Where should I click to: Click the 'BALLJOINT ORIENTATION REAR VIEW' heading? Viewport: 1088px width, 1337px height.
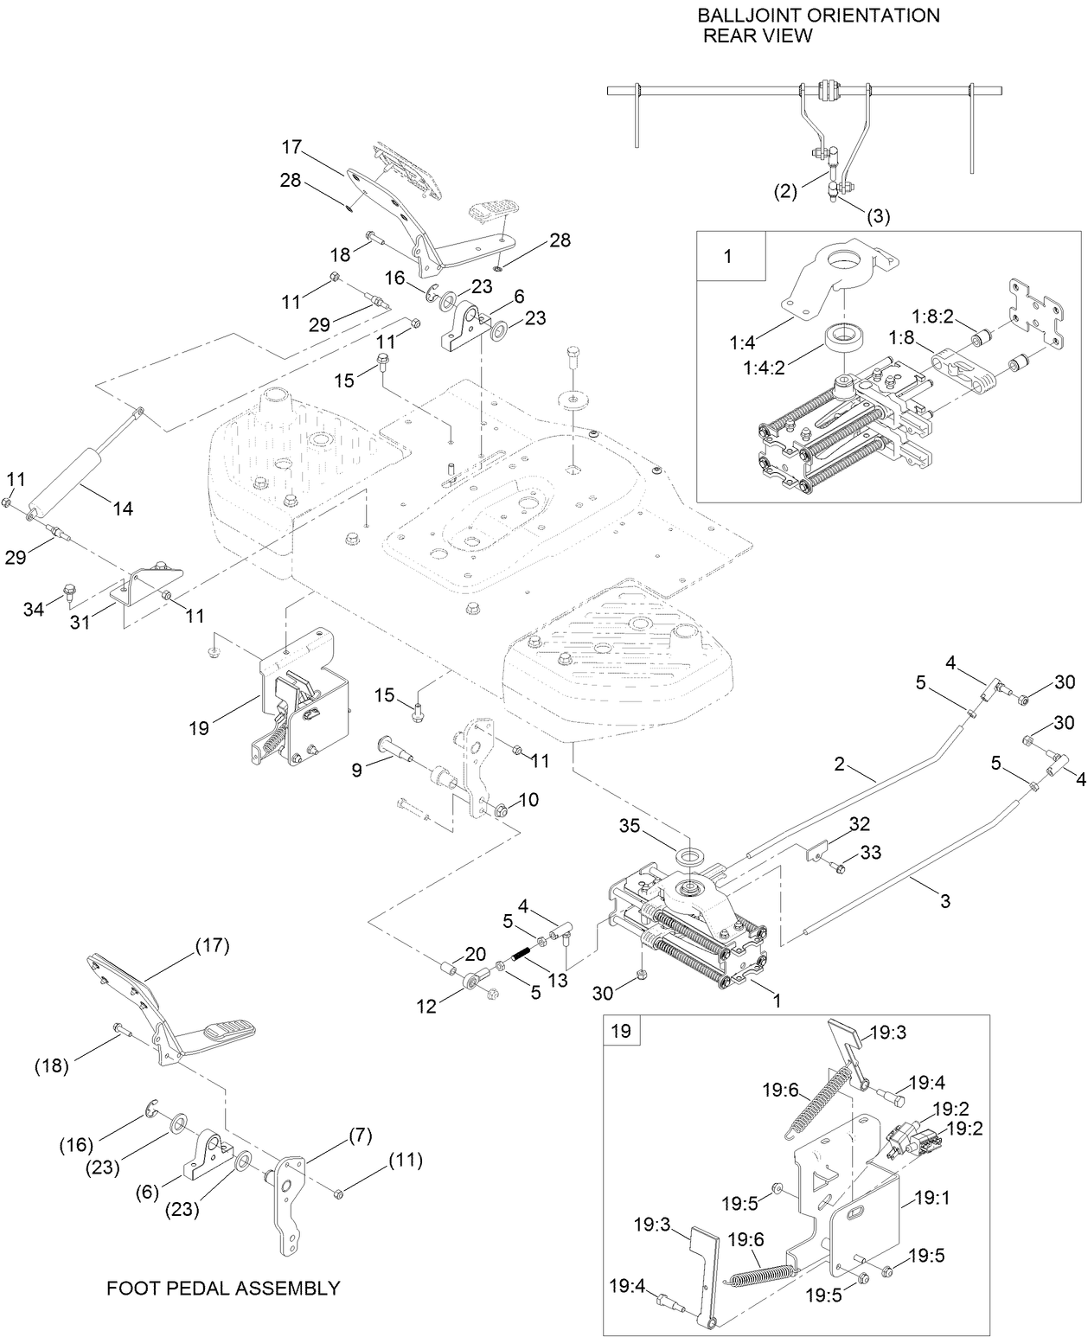818,25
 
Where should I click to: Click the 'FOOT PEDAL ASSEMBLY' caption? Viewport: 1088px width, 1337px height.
222,1288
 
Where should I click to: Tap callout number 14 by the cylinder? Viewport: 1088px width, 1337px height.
122,509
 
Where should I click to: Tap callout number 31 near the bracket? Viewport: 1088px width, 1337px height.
101,621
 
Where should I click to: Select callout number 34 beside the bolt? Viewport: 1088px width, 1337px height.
34,610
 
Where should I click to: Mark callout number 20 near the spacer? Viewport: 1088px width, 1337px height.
475,954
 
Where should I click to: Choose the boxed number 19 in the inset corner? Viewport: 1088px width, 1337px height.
621,1031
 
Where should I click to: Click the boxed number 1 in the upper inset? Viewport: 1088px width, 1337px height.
726,257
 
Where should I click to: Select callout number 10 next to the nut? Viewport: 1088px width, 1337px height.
528,800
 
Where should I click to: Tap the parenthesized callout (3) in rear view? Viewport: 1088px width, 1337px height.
879,216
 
